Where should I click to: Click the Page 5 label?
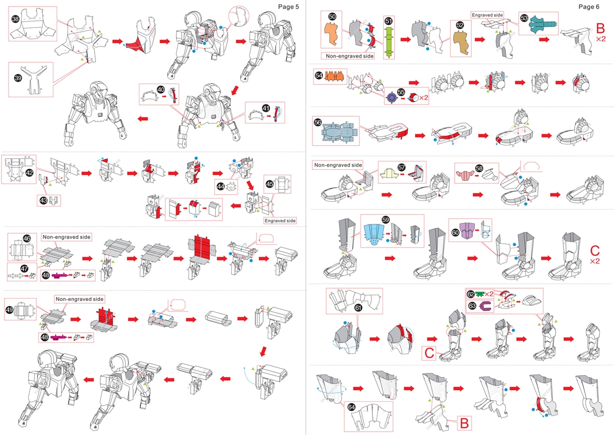(x=289, y=6)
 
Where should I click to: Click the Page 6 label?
(x=589, y=6)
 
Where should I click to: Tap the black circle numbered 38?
(x=16, y=18)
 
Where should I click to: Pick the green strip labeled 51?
(x=388, y=41)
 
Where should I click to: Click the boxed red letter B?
(x=464, y=423)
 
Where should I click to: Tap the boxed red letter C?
(x=430, y=353)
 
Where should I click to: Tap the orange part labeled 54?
(x=336, y=76)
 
